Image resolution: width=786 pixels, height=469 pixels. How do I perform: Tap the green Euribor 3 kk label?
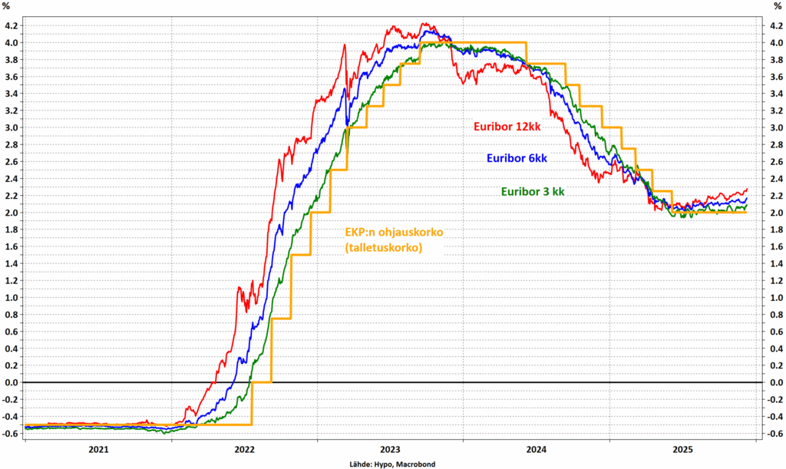[533, 191]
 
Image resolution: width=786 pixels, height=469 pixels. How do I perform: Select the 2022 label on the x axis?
[244, 449]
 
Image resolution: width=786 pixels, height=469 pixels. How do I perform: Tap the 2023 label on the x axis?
[390, 449]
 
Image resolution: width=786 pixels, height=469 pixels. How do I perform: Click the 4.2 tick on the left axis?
[13, 25]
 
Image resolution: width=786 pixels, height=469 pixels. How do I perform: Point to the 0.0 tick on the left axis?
[13, 382]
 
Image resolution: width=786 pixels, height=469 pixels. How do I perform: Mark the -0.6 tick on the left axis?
[12, 433]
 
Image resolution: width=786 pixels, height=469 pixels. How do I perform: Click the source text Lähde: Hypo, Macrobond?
[393, 463]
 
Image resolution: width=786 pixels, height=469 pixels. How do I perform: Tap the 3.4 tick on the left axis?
[13, 93]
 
